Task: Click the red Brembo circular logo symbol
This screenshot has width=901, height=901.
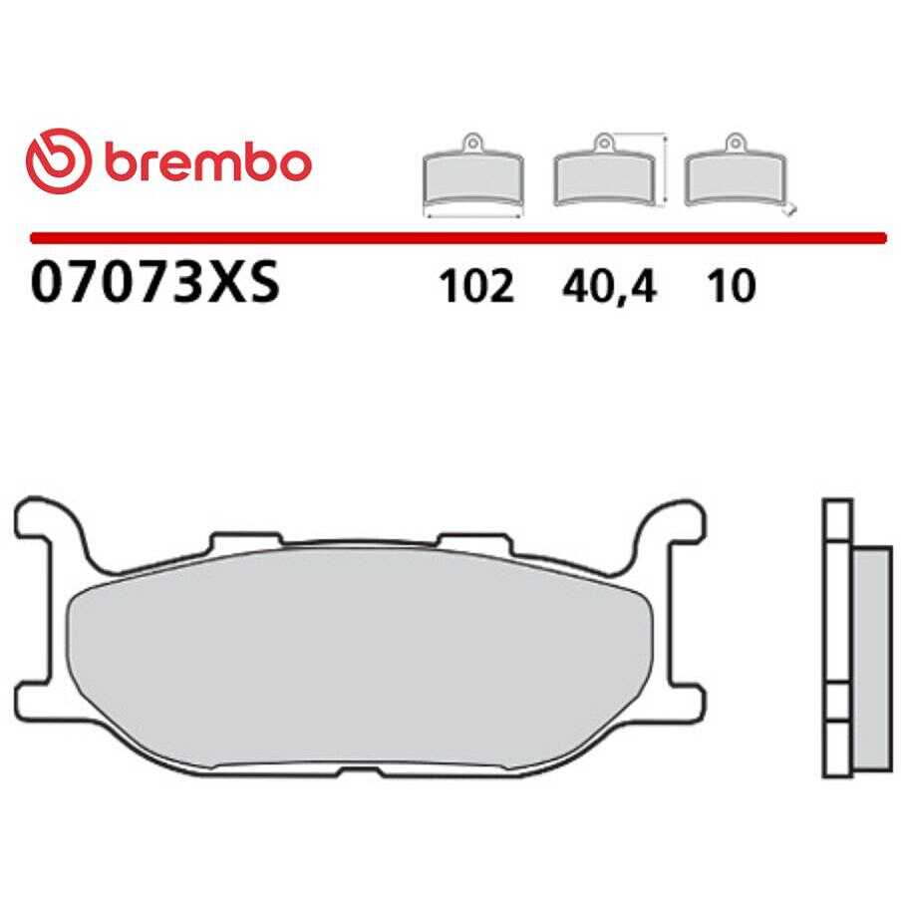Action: (x=59, y=160)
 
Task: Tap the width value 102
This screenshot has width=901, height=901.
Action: (x=475, y=286)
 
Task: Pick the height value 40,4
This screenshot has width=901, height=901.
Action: (x=609, y=287)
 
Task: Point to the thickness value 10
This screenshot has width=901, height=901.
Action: (x=732, y=286)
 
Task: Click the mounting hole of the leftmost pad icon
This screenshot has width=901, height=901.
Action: (x=472, y=141)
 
